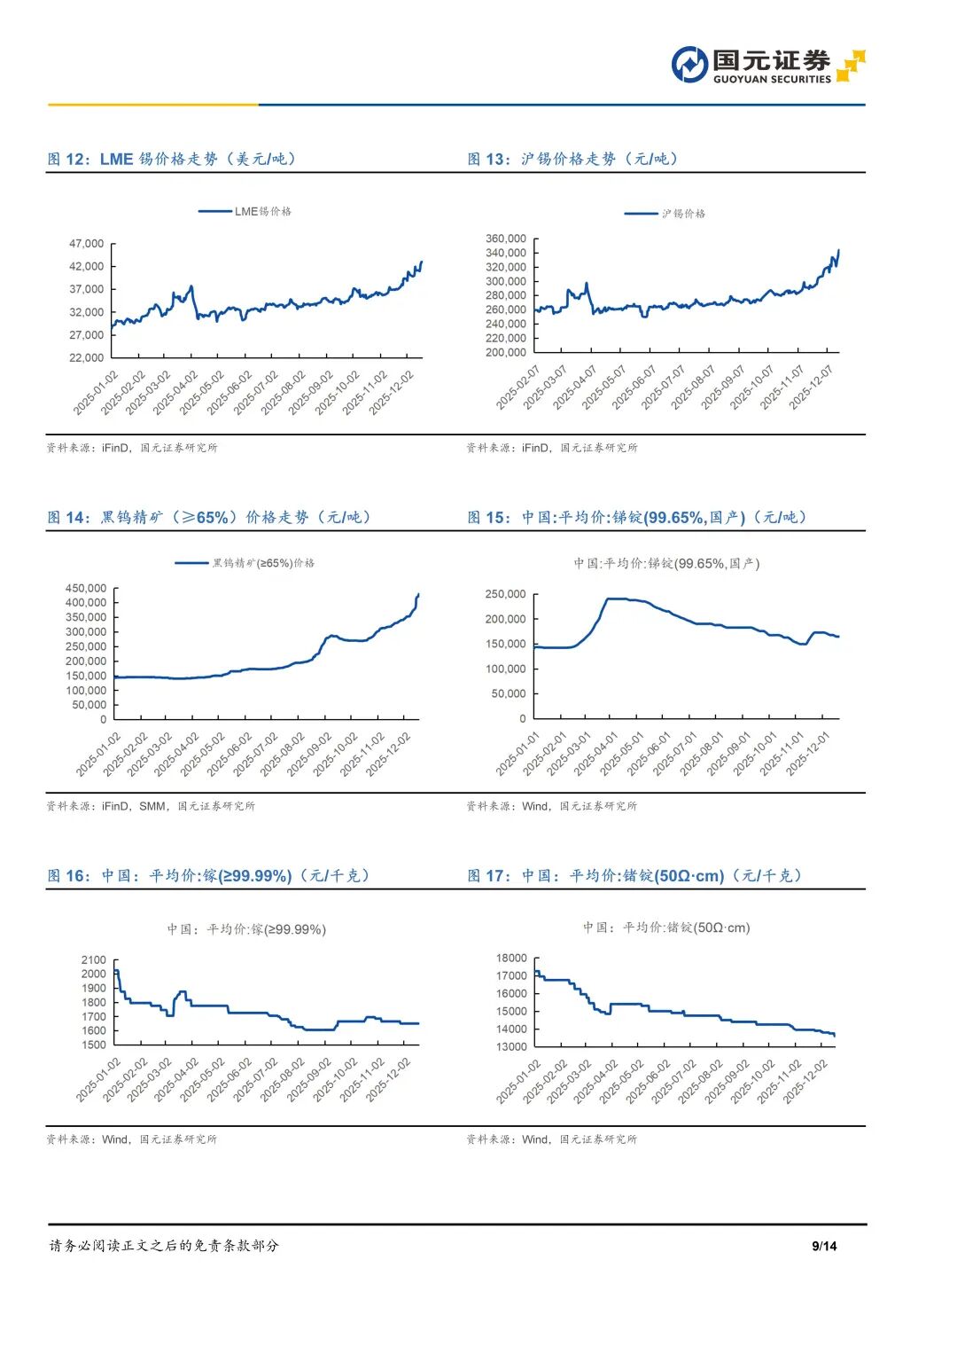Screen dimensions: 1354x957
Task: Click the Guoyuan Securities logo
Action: click(x=767, y=66)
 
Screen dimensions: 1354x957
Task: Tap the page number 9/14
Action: click(x=824, y=1246)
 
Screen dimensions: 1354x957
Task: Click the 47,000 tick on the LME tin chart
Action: click(x=87, y=244)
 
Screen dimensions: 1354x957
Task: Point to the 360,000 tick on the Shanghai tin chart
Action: click(x=506, y=239)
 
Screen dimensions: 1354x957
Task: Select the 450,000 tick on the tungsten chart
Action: click(x=86, y=588)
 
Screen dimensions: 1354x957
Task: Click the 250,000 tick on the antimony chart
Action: click(x=505, y=594)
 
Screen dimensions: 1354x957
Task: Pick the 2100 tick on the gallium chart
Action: click(x=93, y=959)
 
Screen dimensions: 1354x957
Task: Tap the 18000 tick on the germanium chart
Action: click(x=511, y=958)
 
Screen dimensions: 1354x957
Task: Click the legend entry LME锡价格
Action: click(x=262, y=212)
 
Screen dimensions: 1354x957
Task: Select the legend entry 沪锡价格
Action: click(x=683, y=214)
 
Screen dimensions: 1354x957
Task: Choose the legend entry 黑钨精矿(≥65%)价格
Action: click(x=262, y=563)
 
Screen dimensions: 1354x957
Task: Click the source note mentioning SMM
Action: click(x=151, y=806)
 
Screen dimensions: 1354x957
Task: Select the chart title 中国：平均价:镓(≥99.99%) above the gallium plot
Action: click(x=246, y=929)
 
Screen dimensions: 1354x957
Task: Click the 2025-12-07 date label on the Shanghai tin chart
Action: click(x=812, y=387)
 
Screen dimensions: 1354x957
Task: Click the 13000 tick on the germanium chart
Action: click(x=511, y=1046)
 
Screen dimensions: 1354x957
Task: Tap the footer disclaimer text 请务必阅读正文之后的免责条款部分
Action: click(x=164, y=1246)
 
